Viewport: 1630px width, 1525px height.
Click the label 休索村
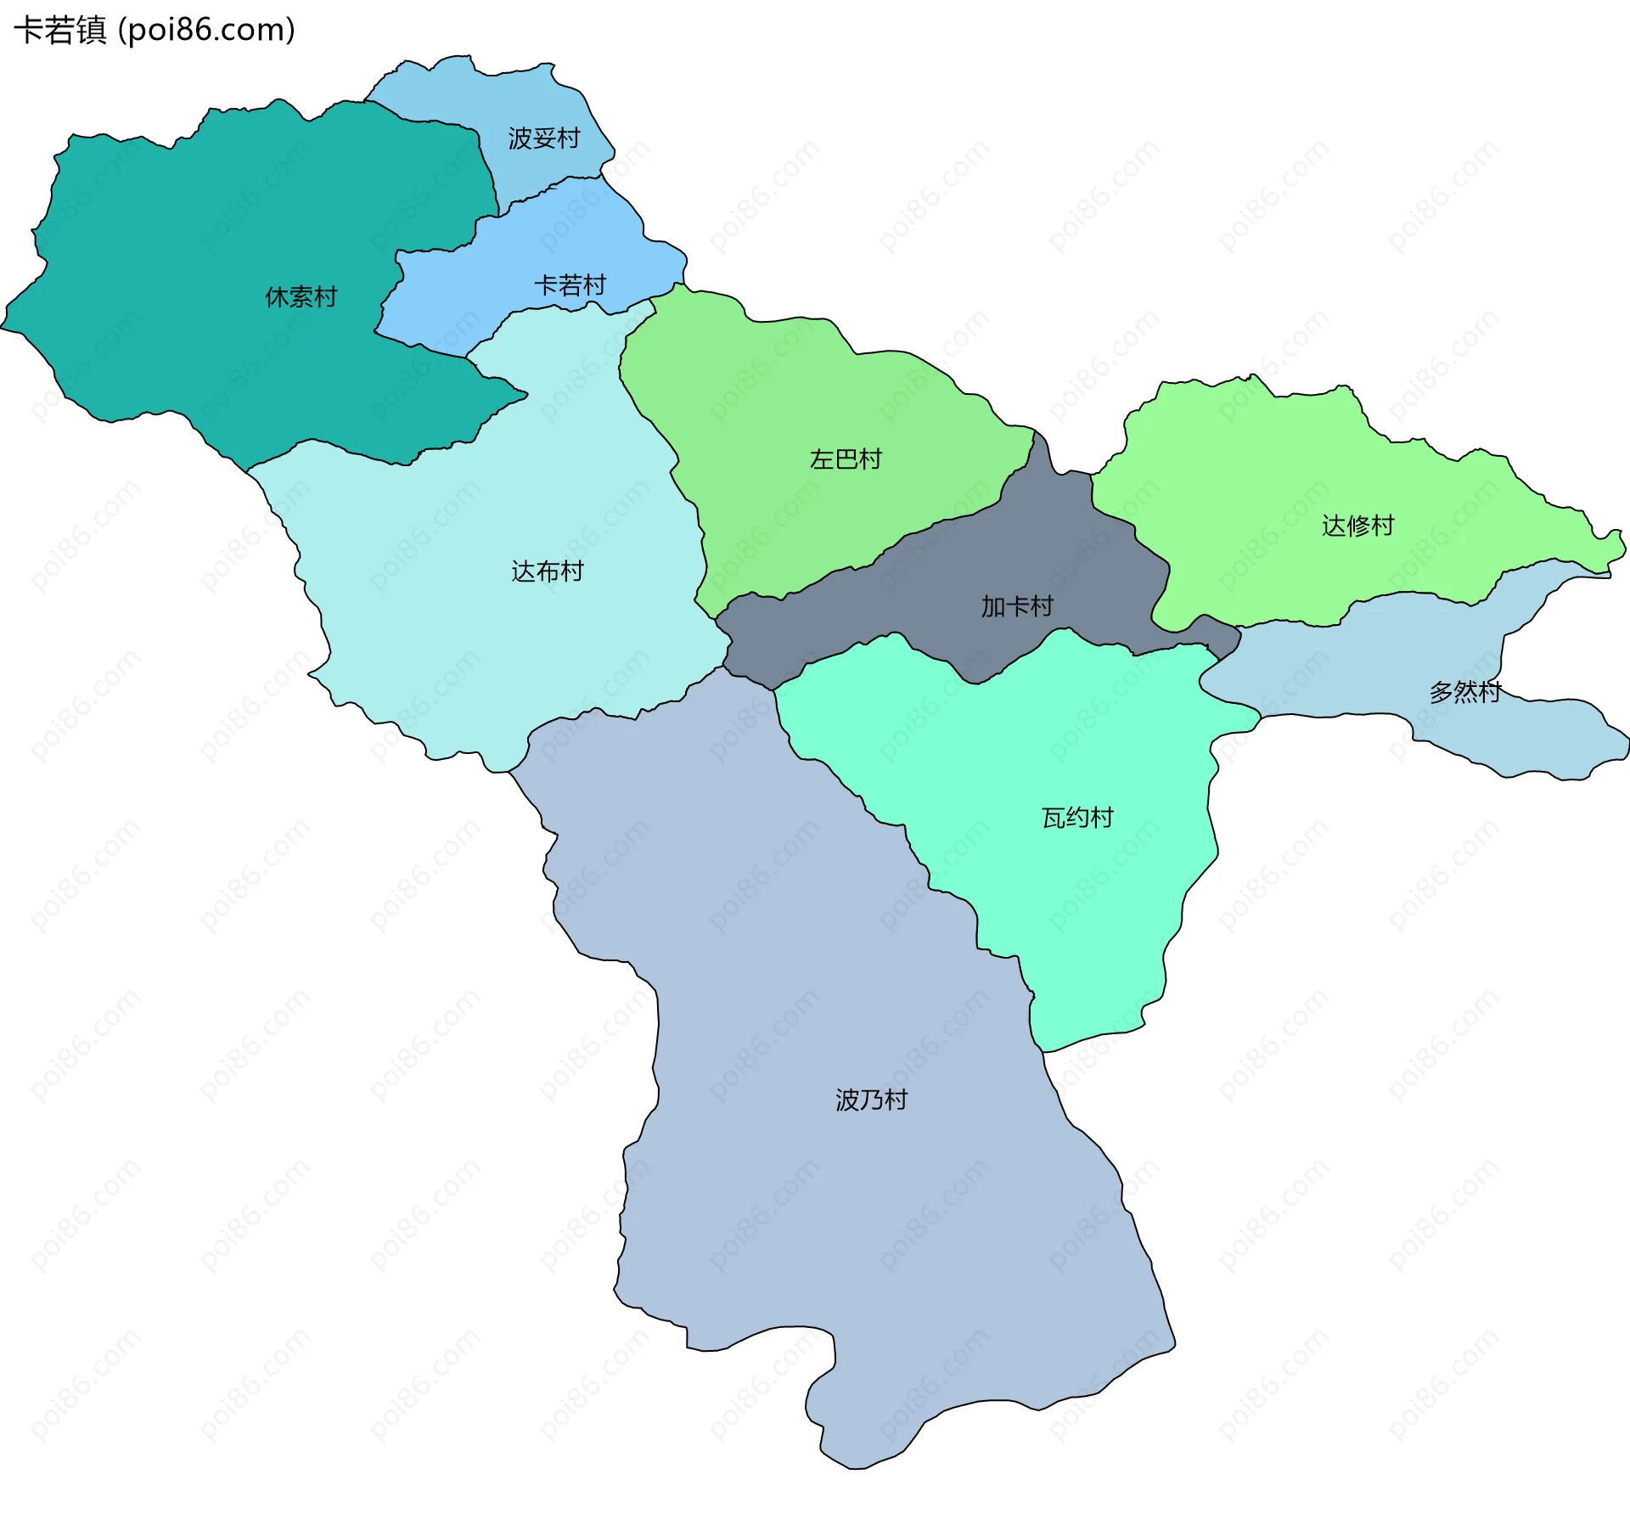point(301,297)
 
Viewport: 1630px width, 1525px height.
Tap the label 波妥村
point(543,138)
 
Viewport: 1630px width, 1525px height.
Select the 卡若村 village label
point(570,285)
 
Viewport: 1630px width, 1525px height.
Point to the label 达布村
point(548,571)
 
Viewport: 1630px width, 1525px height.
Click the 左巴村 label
point(846,459)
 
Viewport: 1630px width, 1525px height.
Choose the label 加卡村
point(1017,606)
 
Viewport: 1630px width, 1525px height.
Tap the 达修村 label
point(1357,526)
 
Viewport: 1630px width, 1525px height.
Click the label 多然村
point(1465,692)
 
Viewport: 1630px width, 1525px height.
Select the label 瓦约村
point(1077,818)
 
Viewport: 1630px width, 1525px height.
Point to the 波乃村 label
point(871,1100)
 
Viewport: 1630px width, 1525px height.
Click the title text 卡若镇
point(59,31)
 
